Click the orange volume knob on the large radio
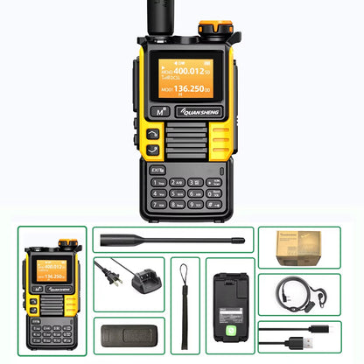point(207,29)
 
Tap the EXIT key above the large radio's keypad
point(157,144)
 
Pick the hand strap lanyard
point(185,297)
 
